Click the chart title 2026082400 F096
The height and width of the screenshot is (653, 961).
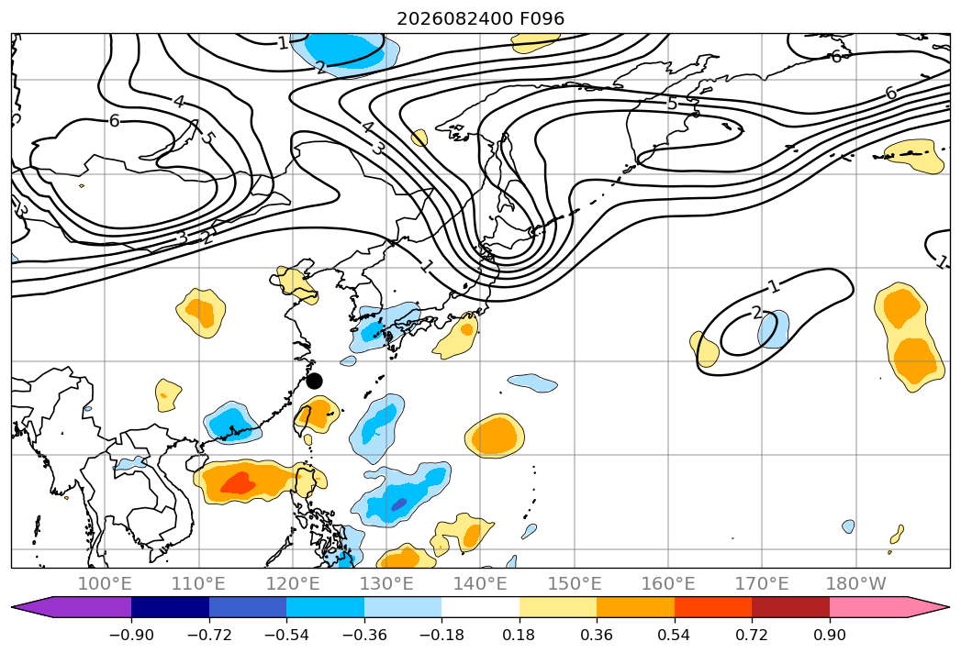pos(481,18)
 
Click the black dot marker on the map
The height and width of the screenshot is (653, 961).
pos(315,381)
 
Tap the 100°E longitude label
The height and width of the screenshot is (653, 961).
pos(105,583)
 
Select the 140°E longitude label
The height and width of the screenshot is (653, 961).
pos(480,583)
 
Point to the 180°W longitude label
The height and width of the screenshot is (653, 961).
pos(855,583)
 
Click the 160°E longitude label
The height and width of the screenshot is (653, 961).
pos(668,583)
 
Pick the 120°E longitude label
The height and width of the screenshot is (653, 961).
pos(293,583)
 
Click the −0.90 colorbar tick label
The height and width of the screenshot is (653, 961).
pos(131,636)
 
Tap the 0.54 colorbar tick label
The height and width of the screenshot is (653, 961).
pos(675,636)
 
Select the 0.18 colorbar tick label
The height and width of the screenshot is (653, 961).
pos(520,636)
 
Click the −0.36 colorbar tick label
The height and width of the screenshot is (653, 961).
pos(364,636)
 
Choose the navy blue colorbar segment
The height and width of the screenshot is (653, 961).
pos(170,607)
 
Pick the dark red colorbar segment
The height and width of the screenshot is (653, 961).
pos(790,607)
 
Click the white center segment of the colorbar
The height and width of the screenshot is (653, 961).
pos(481,607)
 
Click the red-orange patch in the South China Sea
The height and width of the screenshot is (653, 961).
pos(238,483)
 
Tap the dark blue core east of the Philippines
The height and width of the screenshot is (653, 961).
pos(399,504)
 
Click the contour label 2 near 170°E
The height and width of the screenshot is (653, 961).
pos(757,313)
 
